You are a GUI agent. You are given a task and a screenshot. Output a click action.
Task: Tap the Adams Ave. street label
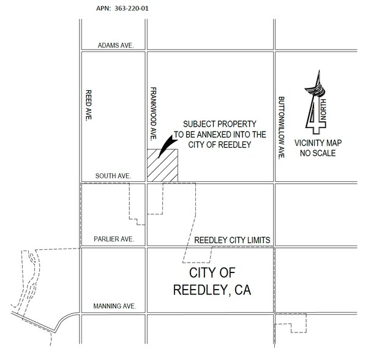pos(116,45)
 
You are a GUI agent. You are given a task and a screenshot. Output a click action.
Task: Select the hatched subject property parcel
pos(162,165)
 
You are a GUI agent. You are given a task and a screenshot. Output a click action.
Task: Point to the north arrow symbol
pos(317,104)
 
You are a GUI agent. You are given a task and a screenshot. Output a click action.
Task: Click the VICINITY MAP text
pos(317,143)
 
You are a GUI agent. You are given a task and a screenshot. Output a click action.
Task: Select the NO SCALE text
pos(317,153)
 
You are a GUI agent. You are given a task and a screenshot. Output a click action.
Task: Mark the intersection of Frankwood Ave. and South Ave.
pos(145,182)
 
